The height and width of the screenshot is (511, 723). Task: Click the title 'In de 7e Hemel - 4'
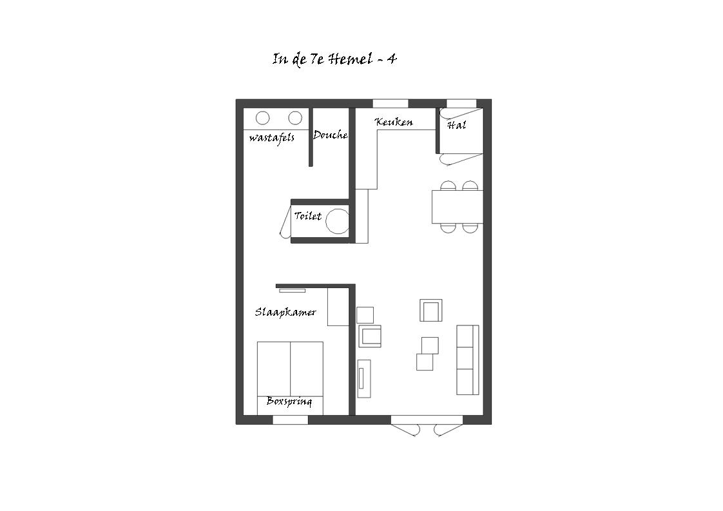coord(334,59)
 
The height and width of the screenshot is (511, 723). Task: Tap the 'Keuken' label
coord(394,122)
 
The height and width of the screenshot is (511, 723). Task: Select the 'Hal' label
coord(456,125)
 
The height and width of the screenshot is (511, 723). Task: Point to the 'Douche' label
coord(330,135)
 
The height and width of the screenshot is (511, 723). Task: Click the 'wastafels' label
coord(271,138)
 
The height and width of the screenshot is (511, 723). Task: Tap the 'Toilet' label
coord(308,216)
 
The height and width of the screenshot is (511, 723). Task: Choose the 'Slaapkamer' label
coord(285,313)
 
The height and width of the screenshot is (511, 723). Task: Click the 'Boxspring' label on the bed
coord(289,401)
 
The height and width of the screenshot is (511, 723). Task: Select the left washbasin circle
coord(263,118)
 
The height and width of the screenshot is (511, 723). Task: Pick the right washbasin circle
coord(295,118)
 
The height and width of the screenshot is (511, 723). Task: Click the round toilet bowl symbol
coord(338,222)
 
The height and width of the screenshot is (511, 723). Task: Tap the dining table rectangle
coord(458,207)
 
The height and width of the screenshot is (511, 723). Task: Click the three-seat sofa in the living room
coord(468,360)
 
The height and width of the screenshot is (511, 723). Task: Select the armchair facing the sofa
coord(431,311)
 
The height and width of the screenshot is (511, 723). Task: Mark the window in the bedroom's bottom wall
coord(291,419)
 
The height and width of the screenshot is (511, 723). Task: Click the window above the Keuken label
coord(390,103)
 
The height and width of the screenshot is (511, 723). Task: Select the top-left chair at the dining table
coord(448,186)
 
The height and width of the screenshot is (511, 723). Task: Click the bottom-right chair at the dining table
coord(470,228)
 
